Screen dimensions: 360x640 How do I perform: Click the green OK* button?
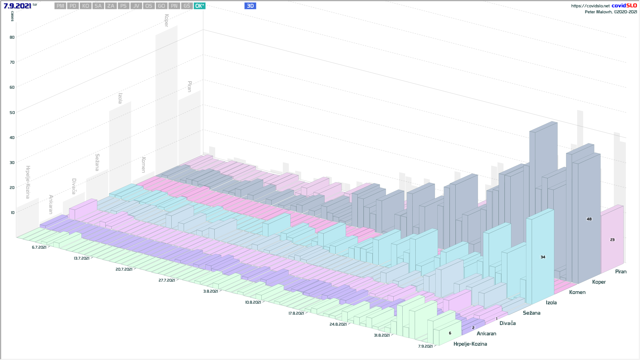coord(199,6)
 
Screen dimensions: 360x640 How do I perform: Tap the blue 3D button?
coord(250,6)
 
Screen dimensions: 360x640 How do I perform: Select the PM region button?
coord(60,6)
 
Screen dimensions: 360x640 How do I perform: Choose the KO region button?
coord(86,6)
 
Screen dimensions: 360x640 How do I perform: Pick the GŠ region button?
coord(187,6)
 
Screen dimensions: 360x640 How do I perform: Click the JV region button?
coord(136,6)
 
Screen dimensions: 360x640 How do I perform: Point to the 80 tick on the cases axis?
coord(12,37)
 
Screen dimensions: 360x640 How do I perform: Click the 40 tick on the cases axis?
coord(12,138)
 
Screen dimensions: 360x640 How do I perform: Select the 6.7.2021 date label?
coord(39,247)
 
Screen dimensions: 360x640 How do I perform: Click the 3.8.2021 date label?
coord(211,291)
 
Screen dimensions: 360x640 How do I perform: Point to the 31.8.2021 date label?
coord(382,335)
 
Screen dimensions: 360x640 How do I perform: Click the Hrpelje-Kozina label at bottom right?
coord(470,344)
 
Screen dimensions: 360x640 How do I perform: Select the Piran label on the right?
coord(621,272)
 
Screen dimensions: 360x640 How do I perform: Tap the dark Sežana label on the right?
coord(531,313)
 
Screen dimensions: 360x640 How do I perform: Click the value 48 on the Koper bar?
coord(589,219)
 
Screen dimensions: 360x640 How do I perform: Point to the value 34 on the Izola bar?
coord(543,257)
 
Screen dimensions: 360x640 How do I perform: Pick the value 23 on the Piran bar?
coord(612,240)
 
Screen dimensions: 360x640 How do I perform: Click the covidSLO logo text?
coord(624,6)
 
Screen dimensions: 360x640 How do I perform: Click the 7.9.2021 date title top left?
coord(17,6)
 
